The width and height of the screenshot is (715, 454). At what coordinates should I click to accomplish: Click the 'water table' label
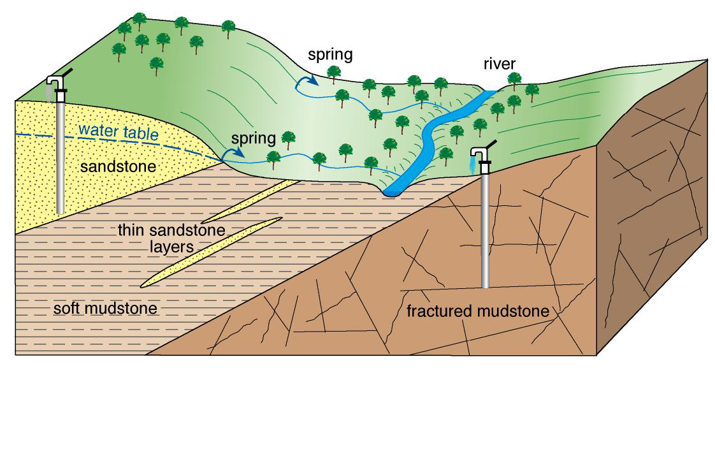[119, 133]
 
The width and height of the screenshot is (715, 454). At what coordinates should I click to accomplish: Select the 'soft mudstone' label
[105, 310]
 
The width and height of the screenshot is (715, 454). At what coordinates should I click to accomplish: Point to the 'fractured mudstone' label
[478, 312]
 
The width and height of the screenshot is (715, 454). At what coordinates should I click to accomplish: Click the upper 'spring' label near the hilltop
[330, 54]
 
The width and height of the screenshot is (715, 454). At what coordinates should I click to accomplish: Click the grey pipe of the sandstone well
[61, 159]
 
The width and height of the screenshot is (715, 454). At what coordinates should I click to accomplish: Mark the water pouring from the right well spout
[472, 166]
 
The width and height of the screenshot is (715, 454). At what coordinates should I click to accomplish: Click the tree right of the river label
[514, 79]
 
